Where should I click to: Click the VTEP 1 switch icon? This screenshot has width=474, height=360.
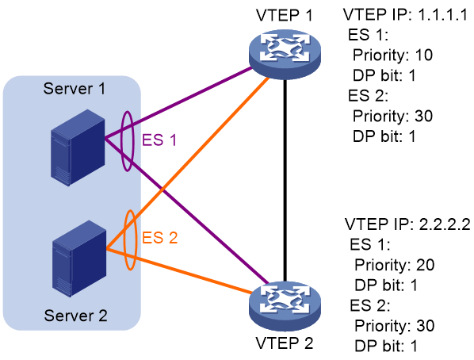click(x=285, y=54)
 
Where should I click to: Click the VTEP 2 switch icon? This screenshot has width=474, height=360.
click(x=285, y=306)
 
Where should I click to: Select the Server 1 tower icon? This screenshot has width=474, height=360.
click(x=78, y=147)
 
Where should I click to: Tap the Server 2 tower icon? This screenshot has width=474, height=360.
click(x=79, y=259)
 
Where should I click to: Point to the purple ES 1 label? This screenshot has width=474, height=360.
click(x=159, y=140)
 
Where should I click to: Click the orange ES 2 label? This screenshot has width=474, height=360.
click(x=159, y=237)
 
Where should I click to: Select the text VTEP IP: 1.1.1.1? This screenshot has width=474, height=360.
click(x=405, y=14)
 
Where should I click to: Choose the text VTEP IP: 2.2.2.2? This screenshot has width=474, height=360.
click(x=407, y=224)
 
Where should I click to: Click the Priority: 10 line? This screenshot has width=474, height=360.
click(x=392, y=55)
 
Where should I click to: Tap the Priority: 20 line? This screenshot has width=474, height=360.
click(x=395, y=265)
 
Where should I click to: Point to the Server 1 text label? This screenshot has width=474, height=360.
click(x=75, y=89)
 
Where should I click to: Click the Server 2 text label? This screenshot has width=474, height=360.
click(x=75, y=316)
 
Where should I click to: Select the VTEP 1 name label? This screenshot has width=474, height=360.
click(x=284, y=15)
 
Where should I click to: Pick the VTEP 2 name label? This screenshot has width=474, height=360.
click(x=284, y=343)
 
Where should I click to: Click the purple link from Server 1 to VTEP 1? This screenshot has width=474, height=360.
click(x=178, y=103)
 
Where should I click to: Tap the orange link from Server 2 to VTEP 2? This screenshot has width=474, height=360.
click(x=179, y=271)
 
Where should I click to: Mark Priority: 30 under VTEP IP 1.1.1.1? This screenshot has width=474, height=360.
click(x=392, y=117)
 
